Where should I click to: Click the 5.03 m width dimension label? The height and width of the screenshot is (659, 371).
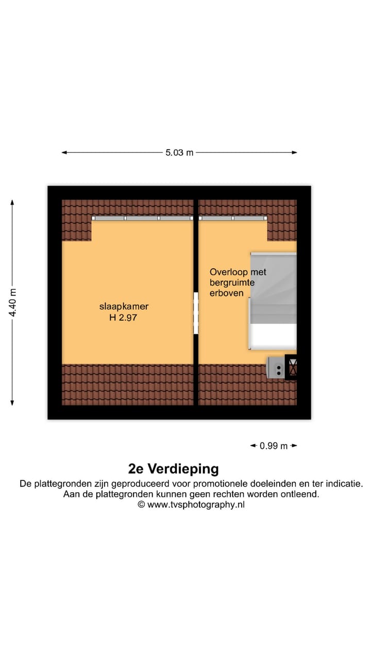179,153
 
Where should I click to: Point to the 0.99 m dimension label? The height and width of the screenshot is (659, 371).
274,446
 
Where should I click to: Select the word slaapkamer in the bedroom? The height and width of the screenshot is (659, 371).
124,307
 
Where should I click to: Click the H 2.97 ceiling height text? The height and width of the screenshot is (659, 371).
124,318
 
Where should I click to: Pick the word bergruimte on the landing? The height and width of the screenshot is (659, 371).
232,282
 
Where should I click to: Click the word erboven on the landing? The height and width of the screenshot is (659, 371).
226,293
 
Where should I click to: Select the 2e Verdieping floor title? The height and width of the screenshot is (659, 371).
173,469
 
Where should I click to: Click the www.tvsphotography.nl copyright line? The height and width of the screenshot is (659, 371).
191,505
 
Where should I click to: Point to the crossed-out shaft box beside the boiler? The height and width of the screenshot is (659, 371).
292,368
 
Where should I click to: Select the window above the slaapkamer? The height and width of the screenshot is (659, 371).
142,218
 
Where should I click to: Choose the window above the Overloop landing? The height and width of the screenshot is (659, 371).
233,218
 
